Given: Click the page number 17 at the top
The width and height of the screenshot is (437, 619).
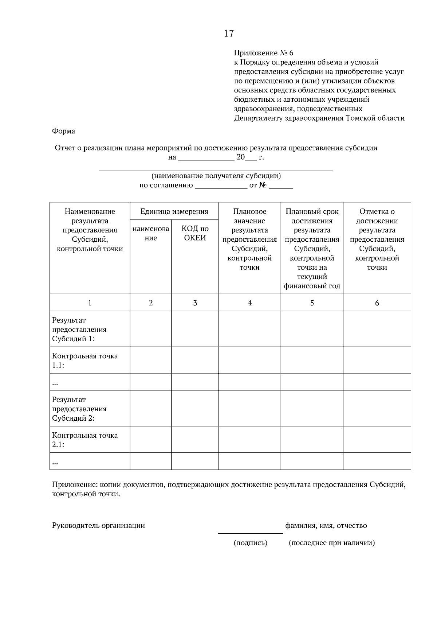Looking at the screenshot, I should (229, 34).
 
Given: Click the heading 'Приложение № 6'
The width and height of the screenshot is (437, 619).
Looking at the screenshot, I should (263, 53).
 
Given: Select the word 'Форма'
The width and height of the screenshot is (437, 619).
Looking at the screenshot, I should (63, 131).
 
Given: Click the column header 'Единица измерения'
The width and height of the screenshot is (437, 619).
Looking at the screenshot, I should (174, 211).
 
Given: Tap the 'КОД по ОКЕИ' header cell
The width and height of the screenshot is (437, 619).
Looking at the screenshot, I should (195, 233).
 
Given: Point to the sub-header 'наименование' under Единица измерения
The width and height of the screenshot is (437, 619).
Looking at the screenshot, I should (151, 233).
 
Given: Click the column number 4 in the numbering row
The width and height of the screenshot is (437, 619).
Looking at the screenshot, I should (249, 303).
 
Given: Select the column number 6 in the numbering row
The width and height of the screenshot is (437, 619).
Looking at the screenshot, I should (377, 303).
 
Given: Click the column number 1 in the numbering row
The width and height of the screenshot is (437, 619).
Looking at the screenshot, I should (90, 303).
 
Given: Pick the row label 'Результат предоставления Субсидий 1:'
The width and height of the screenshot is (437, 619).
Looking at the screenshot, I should (79, 330).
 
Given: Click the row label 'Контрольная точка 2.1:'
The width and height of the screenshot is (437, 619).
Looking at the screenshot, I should (85, 440).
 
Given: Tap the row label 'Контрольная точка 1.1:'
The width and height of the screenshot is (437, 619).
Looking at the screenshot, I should (85, 361).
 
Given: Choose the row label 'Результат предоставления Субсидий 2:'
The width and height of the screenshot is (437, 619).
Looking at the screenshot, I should (79, 409).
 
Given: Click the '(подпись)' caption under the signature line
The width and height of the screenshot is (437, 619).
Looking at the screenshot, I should (250, 543).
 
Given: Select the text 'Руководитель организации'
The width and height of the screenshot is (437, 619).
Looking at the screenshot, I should (98, 526).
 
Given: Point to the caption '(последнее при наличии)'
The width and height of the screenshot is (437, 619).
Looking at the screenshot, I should (331, 543).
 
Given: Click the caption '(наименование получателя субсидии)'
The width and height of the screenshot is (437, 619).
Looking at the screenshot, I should (216, 176).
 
